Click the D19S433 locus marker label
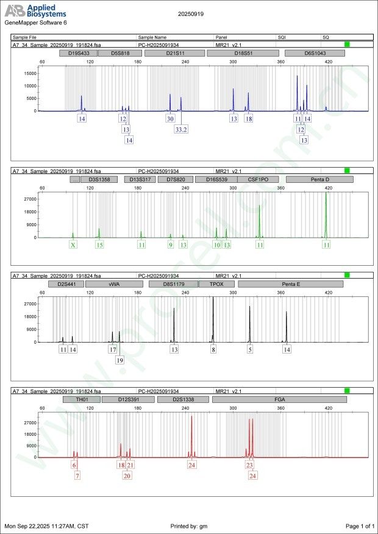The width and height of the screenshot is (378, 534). tap(79, 53)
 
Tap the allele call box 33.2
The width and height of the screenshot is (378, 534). tap(181, 129)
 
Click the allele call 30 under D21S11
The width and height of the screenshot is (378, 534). tap(170, 119)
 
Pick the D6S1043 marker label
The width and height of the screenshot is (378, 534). tap(315, 53)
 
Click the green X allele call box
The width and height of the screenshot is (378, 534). tap(73, 244)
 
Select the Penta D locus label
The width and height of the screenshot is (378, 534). tap(319, 180)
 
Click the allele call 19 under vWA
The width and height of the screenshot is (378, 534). tap(120, 360)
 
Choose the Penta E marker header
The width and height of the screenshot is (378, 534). tap(290, 284)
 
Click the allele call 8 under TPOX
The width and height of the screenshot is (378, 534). tap(213, 350)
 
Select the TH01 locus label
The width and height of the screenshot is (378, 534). tap(82, 399)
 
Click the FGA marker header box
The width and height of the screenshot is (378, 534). tap(279, 399)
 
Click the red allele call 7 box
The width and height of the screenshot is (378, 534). tap(77, 475)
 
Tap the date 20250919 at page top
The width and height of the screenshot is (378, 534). tap(191, 13)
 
